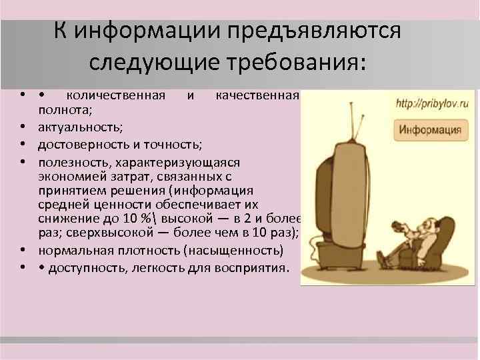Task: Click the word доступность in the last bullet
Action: tap(81, 268)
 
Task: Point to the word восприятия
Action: tap(255, 268)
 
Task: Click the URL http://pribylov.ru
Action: tap(432, 104)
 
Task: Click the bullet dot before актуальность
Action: tap(23, 126)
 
